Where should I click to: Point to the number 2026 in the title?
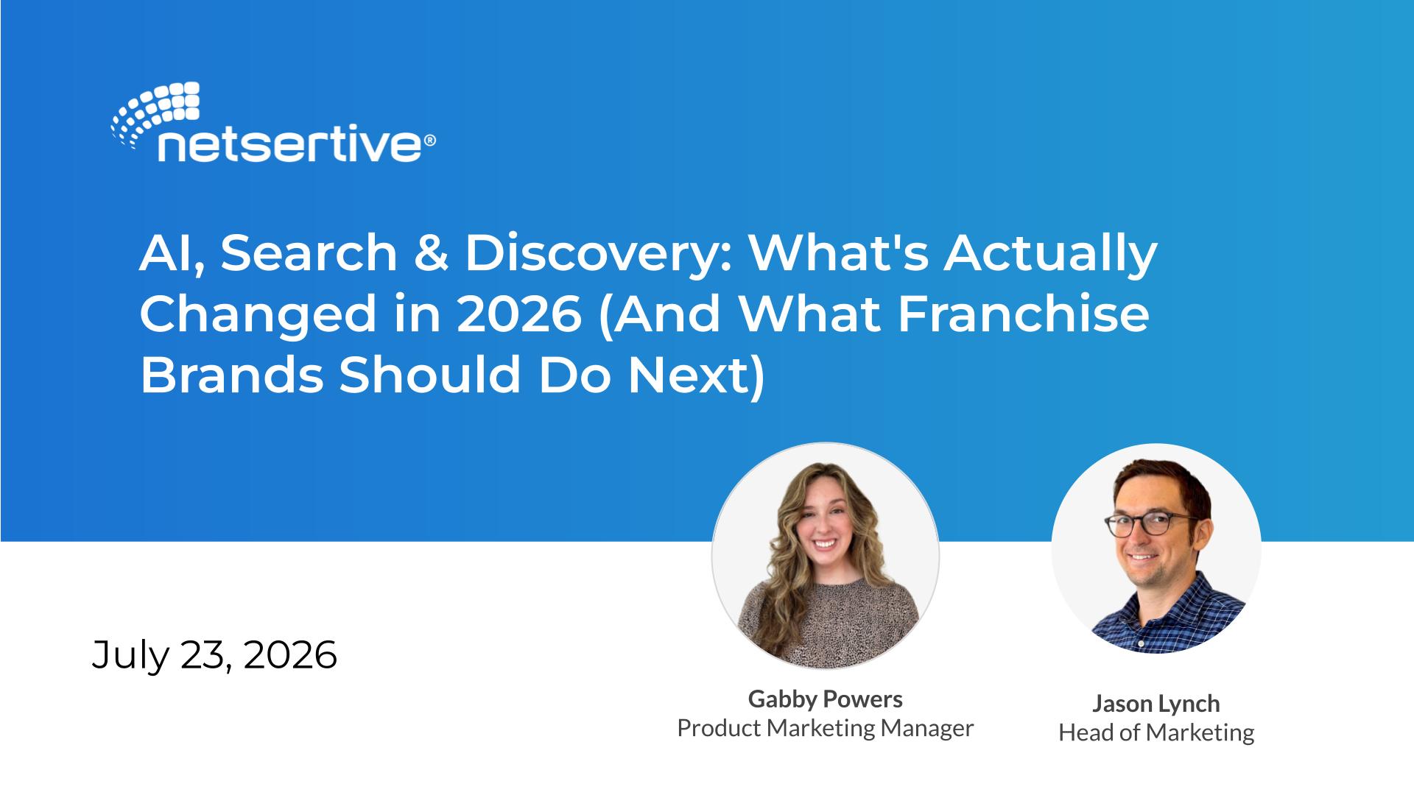click(519, 314)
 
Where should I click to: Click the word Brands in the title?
click(231, 375)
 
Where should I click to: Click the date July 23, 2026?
click(214, 654)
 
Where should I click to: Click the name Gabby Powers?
click(825, 699)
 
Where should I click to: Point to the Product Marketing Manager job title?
click(825, 728)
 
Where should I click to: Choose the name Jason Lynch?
click(1156, 704)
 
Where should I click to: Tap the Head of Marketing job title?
click(1156, 732)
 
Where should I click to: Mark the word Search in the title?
click(310, 253)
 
